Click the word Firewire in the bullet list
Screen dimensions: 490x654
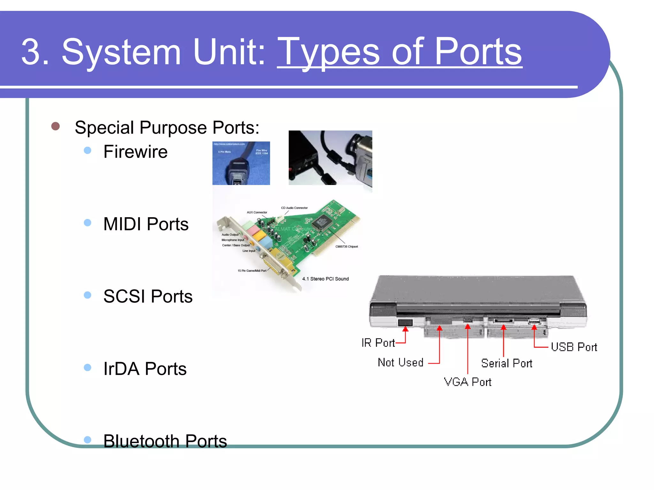coord(135,152)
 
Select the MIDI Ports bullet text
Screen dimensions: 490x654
coord(146,224)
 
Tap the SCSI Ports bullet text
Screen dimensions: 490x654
coord(148,296)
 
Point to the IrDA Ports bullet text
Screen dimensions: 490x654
coord(145,369)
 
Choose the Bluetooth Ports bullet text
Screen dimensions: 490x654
coord(165,441)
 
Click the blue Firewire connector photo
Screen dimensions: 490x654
coord(241,163)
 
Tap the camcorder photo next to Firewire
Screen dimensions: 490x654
coord(330,158)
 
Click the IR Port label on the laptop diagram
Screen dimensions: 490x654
coord(378,343)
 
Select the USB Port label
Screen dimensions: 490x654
coord(574,347)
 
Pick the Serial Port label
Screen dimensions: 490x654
coord(506,363)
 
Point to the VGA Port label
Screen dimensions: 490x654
coord(468,382)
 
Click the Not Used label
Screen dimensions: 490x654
coord(400,362)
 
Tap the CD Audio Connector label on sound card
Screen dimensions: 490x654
coord(294,208)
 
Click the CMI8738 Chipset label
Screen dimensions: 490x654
coord(346,247)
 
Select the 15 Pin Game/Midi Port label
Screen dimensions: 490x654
coord(252,271)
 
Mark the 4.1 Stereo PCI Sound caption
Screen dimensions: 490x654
coord(325,279)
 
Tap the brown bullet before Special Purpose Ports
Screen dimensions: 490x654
coord(56,126)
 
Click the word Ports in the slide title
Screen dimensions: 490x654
coord(478,52)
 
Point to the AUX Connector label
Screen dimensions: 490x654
coord(257,212)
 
